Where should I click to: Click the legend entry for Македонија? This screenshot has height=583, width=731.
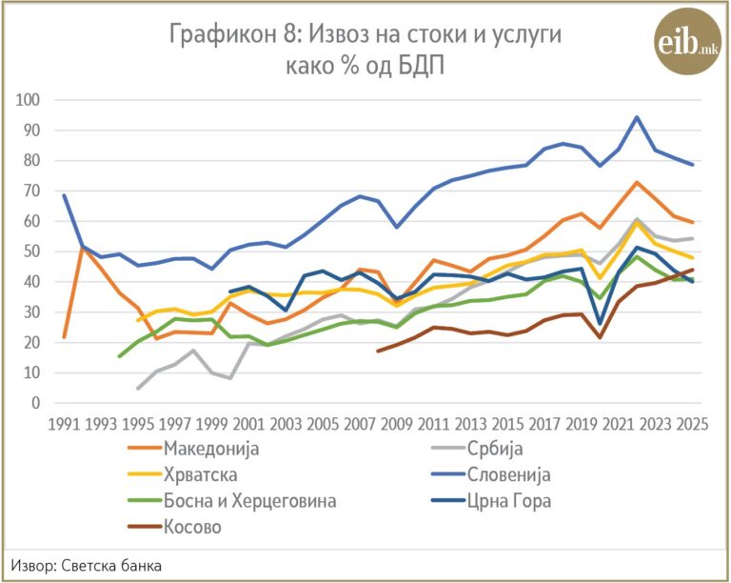coord(193,449)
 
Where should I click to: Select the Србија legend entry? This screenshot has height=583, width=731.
coord(478,449)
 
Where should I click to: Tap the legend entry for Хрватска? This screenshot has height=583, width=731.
coord(183,474)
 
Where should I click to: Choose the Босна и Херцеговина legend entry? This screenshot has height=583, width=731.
coord(231,501)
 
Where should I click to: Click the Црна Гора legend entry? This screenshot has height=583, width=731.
coord(491,501)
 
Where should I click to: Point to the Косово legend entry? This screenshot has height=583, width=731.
coord(174,527)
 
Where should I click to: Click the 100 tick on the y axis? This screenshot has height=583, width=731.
coord(28,100)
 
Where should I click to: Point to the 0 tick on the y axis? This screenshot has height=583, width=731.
coord(36,403)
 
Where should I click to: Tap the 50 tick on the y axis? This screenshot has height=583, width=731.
coord(32,251)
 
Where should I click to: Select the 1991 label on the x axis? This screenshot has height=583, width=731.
coord(64,425)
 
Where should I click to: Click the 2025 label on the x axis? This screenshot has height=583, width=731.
coord(692,425)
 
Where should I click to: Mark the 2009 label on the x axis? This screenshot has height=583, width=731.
coord(397,425)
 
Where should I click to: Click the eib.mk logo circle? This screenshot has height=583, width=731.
coord(687,42)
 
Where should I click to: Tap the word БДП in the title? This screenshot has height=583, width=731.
coord(421,67)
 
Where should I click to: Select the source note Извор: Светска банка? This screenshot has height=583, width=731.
coord(87,566)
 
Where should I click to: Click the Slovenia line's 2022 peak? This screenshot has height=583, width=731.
coord(637,117)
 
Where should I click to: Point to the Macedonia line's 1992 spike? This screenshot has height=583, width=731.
coord(83,248)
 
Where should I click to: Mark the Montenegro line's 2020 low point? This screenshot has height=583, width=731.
coord(600,324)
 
